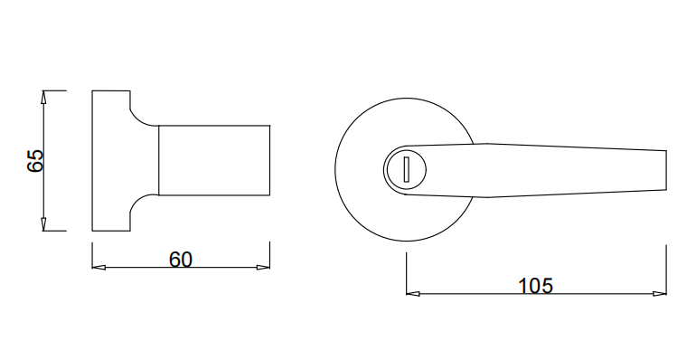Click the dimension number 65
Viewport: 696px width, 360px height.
click(35, 161)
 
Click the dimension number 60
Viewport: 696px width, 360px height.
click(181, 260)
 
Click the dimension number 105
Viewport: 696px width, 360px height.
click(536, 286)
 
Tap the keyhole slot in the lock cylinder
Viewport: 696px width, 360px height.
click(406, 169)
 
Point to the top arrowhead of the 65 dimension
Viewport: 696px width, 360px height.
click(43, 97)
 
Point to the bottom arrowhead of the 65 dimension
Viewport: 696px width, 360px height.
click(43, 224)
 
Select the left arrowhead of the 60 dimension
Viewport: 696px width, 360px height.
click(99, 268)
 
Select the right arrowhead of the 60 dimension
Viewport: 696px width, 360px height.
click(263, 268)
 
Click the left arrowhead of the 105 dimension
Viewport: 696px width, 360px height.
click(413, 293)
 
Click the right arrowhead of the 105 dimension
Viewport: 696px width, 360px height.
click(660, 293)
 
